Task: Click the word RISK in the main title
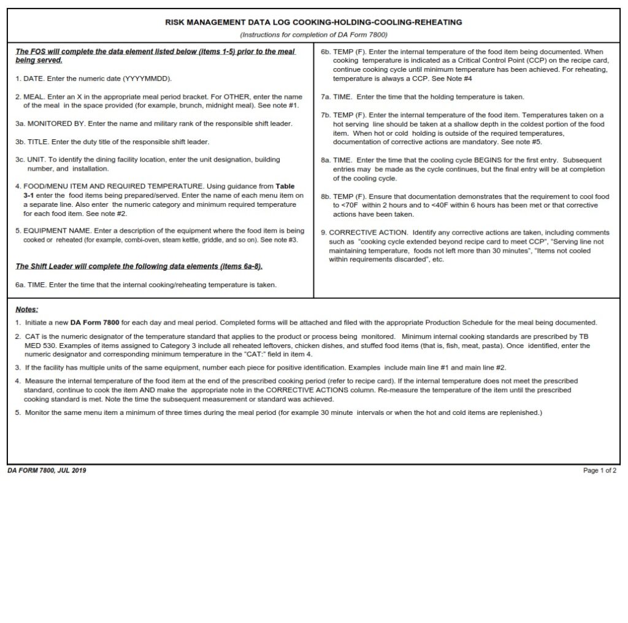[175, 22]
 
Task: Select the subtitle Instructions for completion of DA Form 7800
[313, 34]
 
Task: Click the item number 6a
[20, 285]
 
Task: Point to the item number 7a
[326, 97]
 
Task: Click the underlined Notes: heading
[27, 309]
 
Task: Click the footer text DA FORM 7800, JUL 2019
[47, 471]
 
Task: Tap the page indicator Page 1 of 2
[600, 471]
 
